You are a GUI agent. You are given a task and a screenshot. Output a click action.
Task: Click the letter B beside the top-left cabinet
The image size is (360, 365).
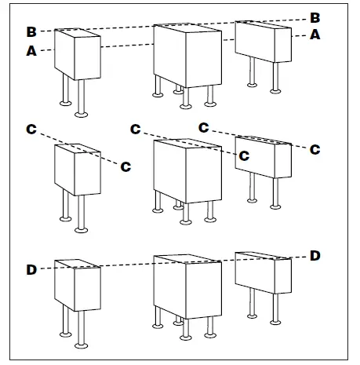31,31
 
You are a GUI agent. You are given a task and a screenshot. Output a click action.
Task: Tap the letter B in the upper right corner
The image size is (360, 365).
315,18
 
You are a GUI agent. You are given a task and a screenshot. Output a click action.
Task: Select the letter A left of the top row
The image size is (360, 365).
31,51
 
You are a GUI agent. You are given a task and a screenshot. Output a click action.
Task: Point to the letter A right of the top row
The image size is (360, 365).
315,35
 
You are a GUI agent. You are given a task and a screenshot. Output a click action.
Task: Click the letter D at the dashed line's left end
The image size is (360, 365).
31,270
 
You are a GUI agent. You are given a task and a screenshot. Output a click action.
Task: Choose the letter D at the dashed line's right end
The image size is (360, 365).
315,256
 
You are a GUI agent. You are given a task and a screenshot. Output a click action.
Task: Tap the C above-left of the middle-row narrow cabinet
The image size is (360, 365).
31,130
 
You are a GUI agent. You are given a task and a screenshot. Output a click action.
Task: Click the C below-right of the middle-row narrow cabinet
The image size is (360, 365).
125,166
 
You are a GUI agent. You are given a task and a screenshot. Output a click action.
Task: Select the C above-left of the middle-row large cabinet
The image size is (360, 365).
136,130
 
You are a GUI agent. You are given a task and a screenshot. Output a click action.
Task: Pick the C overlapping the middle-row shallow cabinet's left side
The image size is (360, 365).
244,156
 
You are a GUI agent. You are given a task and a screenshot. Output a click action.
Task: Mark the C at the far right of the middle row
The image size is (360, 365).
315,150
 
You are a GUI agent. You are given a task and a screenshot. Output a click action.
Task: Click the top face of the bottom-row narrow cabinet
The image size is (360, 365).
78,264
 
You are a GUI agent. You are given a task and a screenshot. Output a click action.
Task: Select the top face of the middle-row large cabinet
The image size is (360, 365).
187,143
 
